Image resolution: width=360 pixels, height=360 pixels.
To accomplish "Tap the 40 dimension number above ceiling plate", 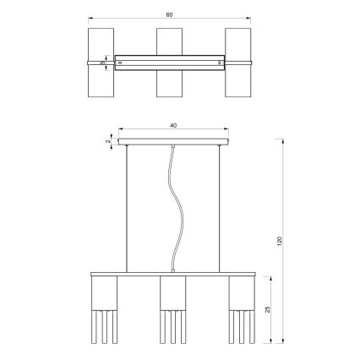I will (173, 126).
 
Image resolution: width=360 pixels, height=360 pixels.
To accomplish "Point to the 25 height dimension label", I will (269, 308).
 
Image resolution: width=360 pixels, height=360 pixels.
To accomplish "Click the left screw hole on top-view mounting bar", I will (121, 63).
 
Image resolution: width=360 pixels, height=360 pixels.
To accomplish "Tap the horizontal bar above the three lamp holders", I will (173, 275).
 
